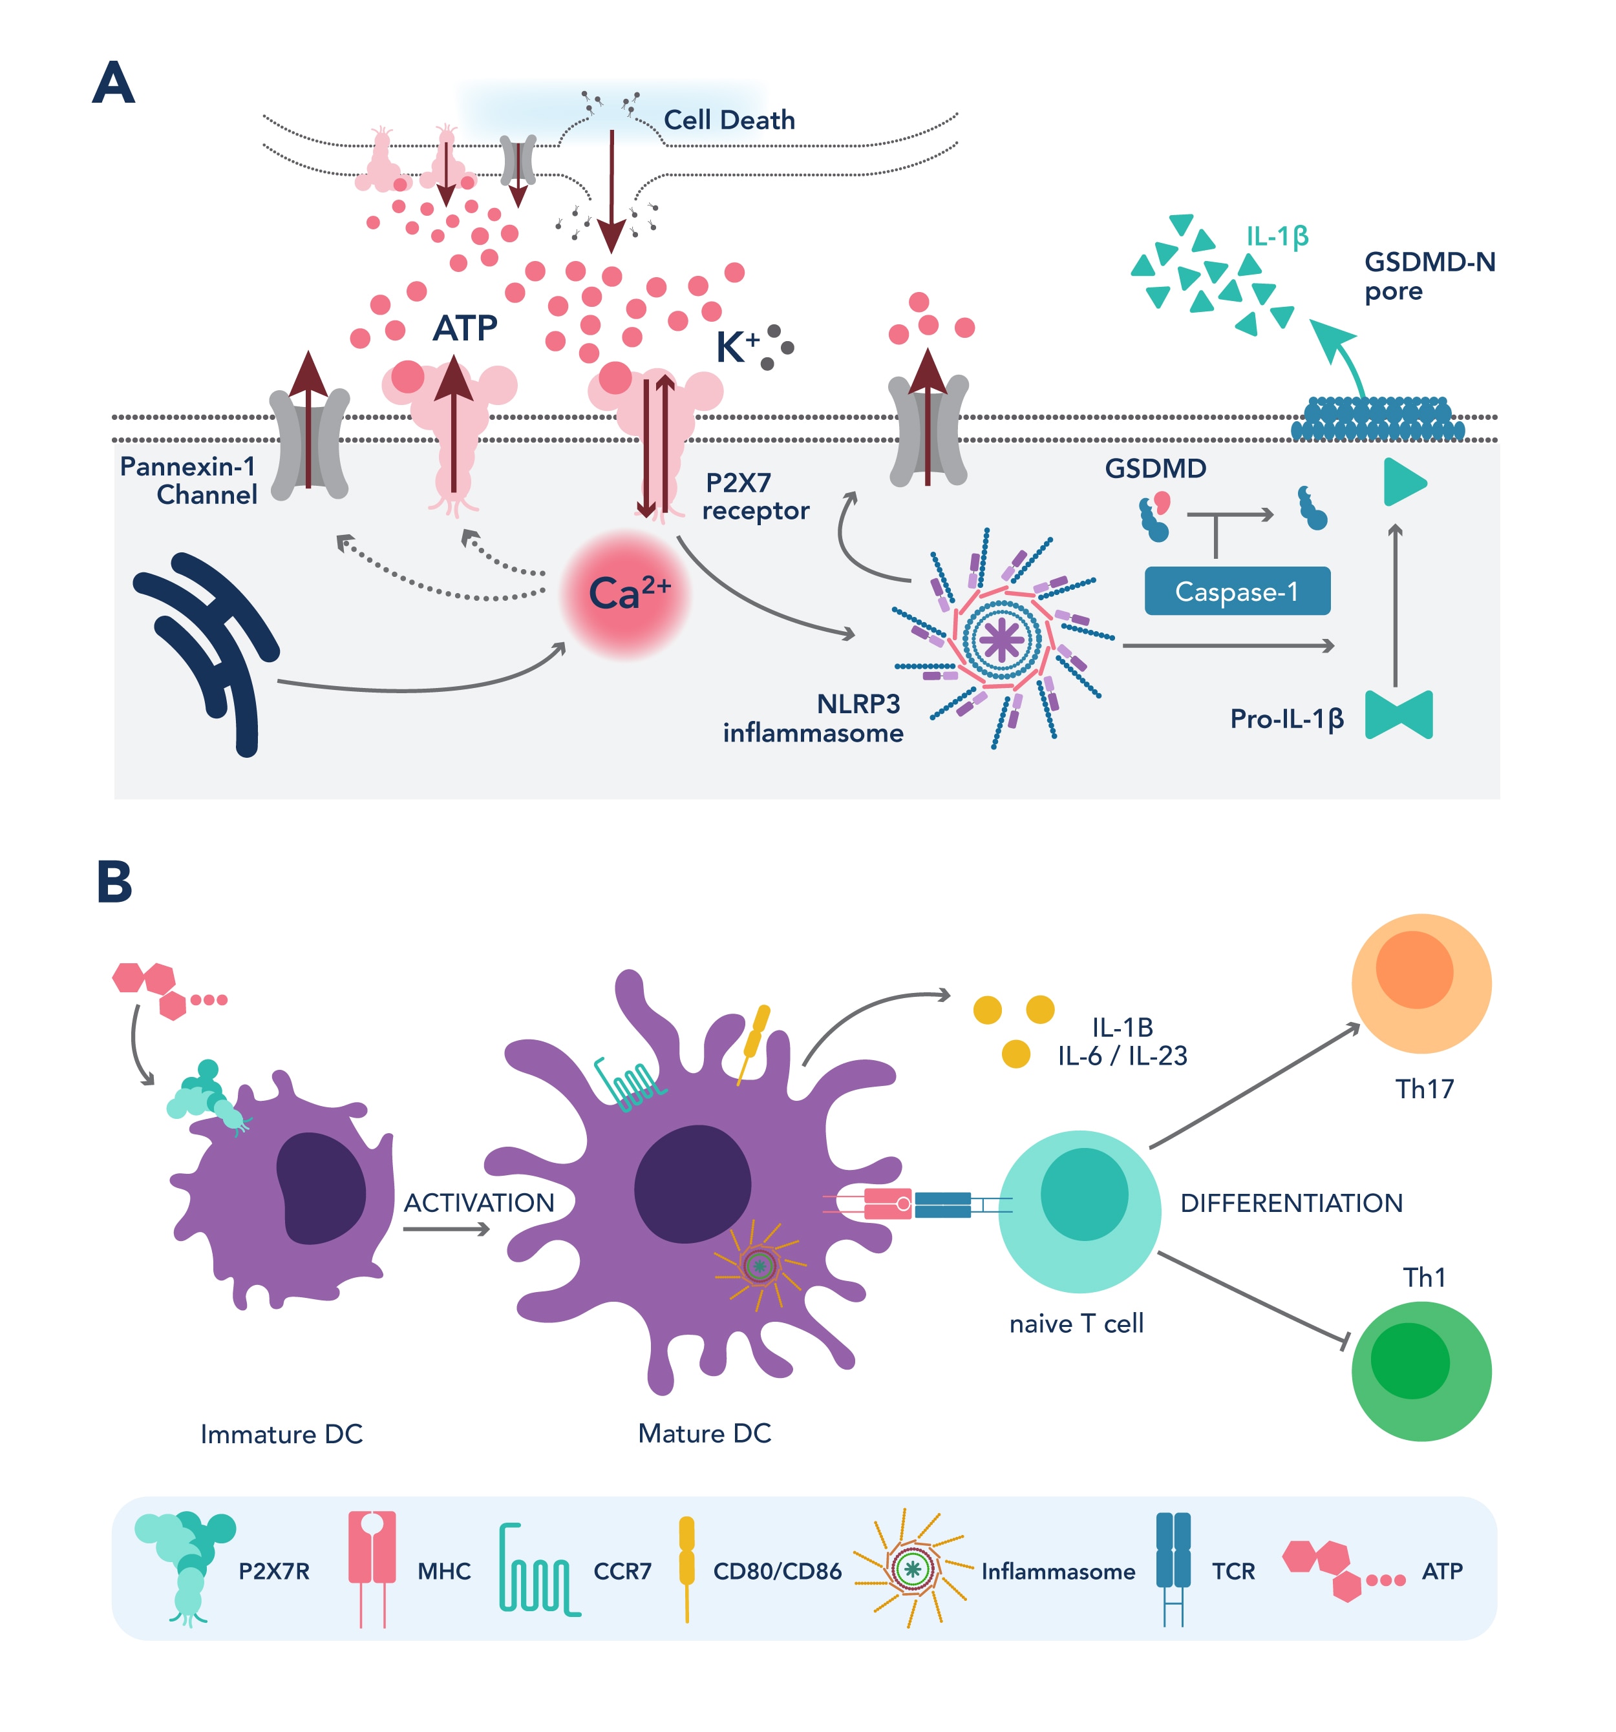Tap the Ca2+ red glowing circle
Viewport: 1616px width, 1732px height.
click(626, 594)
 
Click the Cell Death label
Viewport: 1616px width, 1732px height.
click(728, 120)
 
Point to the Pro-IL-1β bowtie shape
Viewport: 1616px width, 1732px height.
click(1398, 715)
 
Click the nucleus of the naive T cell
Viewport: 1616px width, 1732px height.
click(1083, 1194)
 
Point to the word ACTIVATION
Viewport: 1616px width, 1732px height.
click(478, 1202)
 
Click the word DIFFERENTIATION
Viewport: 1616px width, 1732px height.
click(1290, 1203)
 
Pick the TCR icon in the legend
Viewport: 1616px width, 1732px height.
click(1173, 1567)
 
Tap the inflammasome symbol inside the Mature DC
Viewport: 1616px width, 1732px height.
click(759, 1265)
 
